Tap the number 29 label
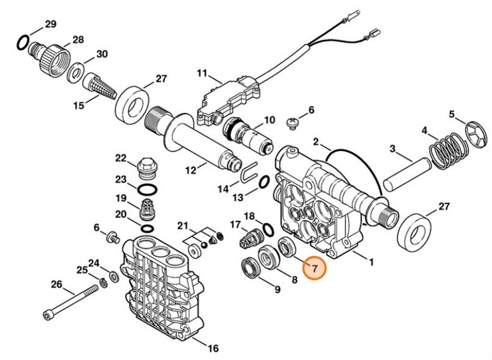pyautogui.click(x=51, y=25)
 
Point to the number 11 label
pyautogui.click(x=202, y=73)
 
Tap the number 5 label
pyautogui.click(x=453, y=114)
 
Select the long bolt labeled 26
pyautogui.click(x=73, y=303)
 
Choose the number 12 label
pyautogui.click(x=191, y=170)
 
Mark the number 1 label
pyautogui.click(x=370, y=262)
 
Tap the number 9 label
pyautogui.click(x=277, y=289)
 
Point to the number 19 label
pyautogui.click(x=121, y=198)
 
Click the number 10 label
pyautogui.click(x=269, y=120)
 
